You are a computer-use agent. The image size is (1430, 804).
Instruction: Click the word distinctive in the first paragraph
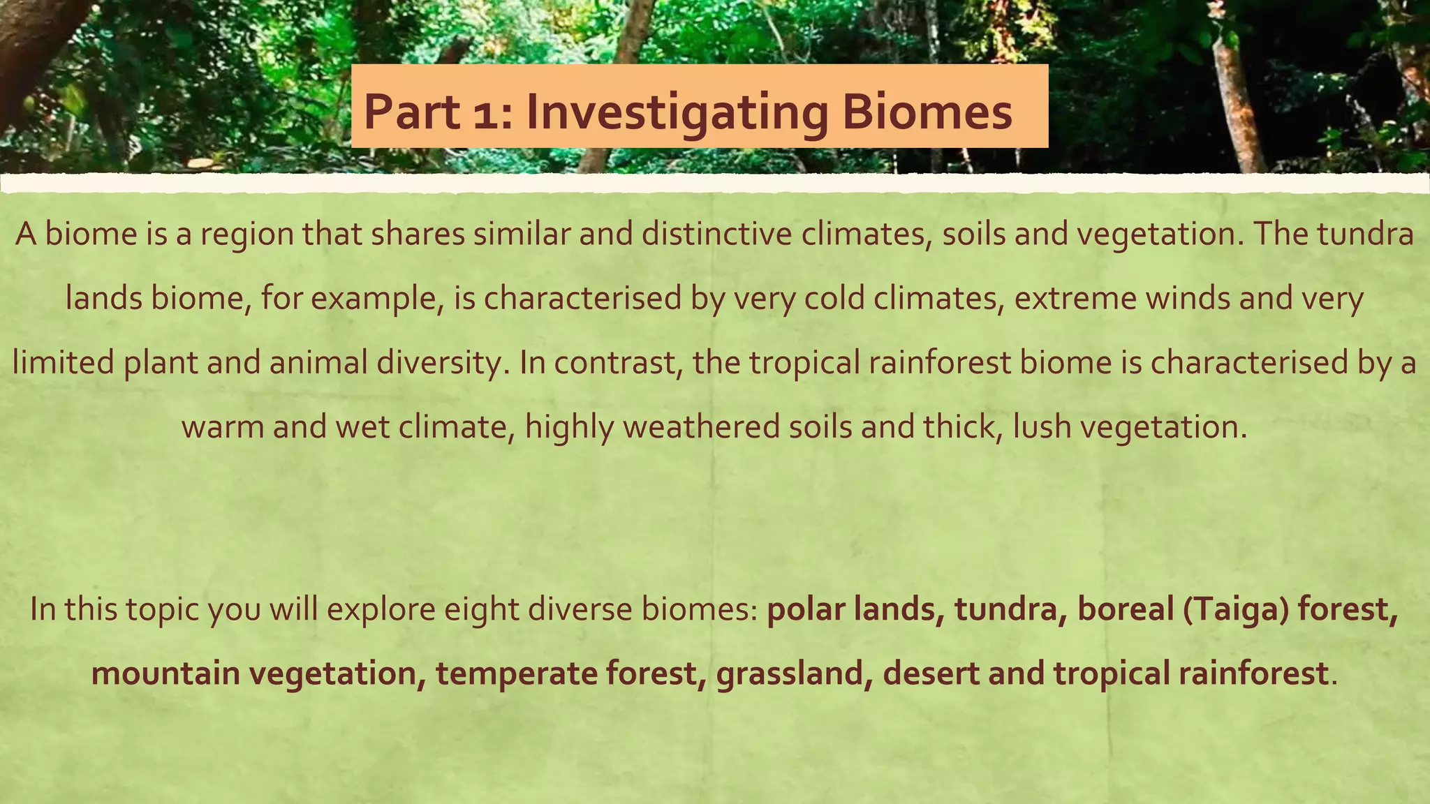coord(716,234)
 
